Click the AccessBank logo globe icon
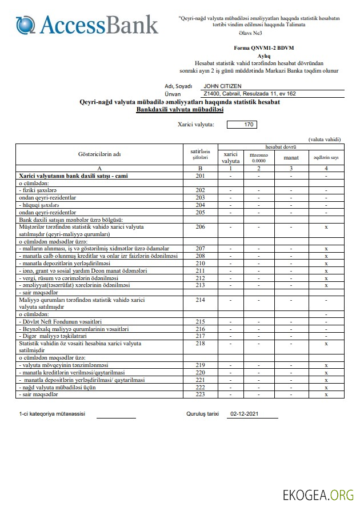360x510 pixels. point(26,25)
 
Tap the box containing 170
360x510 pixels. point(242,124)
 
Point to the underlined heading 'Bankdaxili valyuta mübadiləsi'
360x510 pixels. point(179,109)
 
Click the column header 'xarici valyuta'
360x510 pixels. point(230,157)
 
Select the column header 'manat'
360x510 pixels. point(291,157)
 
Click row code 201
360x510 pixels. point(200,176)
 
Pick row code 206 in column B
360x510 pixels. point(200,226)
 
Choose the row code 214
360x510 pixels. point(200,299)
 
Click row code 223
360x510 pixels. point(200,395)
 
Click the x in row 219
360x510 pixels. point(326,365)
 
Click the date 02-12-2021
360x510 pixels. point(245,414)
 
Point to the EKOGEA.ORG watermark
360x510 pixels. point(318,495)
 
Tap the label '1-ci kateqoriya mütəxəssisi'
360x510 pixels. point(52,414)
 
